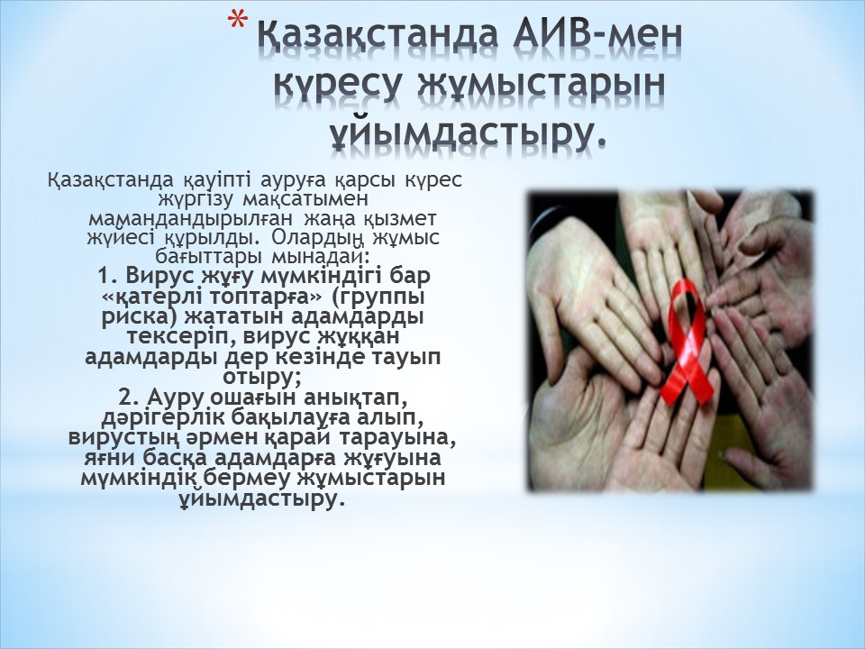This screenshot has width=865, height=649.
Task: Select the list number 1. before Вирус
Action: [x=109, y=274]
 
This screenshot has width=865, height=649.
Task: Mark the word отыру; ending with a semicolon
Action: [x=261, y=377]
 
